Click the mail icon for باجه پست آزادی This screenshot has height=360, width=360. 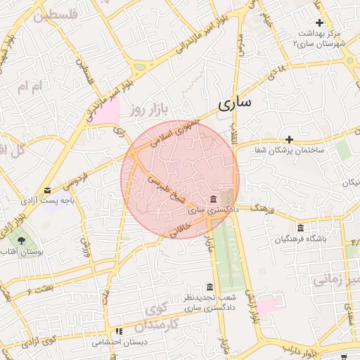[x=47, y=190]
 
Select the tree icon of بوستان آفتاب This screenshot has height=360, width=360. [x=22, y=240]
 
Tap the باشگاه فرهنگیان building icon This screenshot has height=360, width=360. [x=301, y=229]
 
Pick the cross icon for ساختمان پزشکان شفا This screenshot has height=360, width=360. [x=289, y=139]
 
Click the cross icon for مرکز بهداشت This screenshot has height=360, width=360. [x=320, y=23]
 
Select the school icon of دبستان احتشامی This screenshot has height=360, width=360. [x=119, y=331]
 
